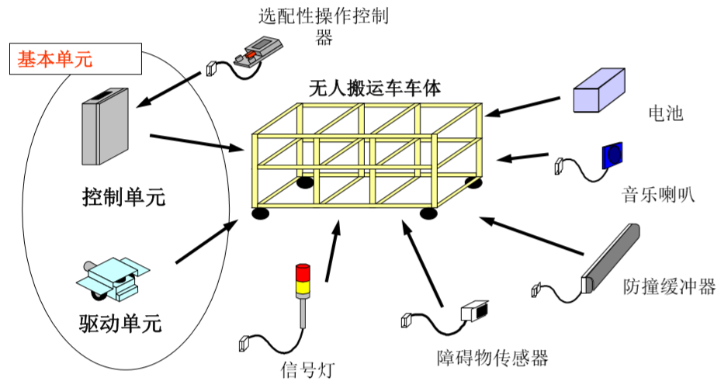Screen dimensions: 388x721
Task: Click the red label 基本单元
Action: tap(55, 59)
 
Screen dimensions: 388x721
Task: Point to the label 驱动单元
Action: tap(120, 323)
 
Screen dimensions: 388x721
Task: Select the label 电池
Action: tap(664, 113)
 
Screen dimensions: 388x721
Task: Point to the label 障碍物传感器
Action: tap(492, 358)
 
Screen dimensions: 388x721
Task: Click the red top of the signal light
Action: tap(301, 271)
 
